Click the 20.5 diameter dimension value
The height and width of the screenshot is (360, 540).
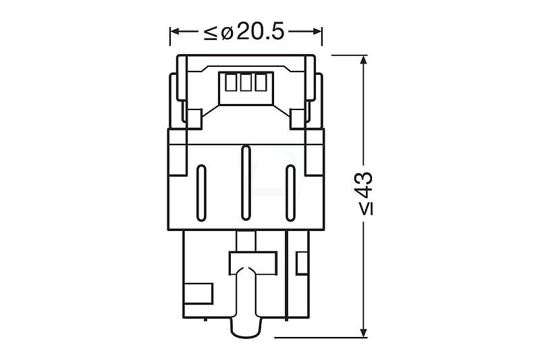point(261,32)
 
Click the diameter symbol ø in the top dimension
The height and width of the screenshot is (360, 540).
point(227,32)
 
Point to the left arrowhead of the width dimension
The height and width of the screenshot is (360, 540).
point(175,32)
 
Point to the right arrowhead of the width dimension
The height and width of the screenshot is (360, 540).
point(317,32)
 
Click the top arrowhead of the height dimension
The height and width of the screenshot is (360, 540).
point(363,61)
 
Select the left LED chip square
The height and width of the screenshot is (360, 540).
point(230,82)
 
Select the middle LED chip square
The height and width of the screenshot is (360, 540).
point(246,82)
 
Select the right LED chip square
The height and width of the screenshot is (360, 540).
point(261,82)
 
